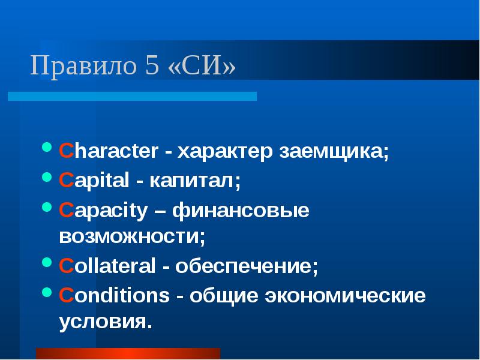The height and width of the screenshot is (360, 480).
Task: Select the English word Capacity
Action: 103,211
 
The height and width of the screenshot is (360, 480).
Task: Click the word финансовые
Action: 241,211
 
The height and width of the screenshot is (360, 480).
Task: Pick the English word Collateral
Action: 106,265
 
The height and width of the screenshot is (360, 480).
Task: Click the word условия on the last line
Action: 103,320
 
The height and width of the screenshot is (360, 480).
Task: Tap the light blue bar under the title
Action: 132,96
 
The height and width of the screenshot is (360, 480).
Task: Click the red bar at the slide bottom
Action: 128,353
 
